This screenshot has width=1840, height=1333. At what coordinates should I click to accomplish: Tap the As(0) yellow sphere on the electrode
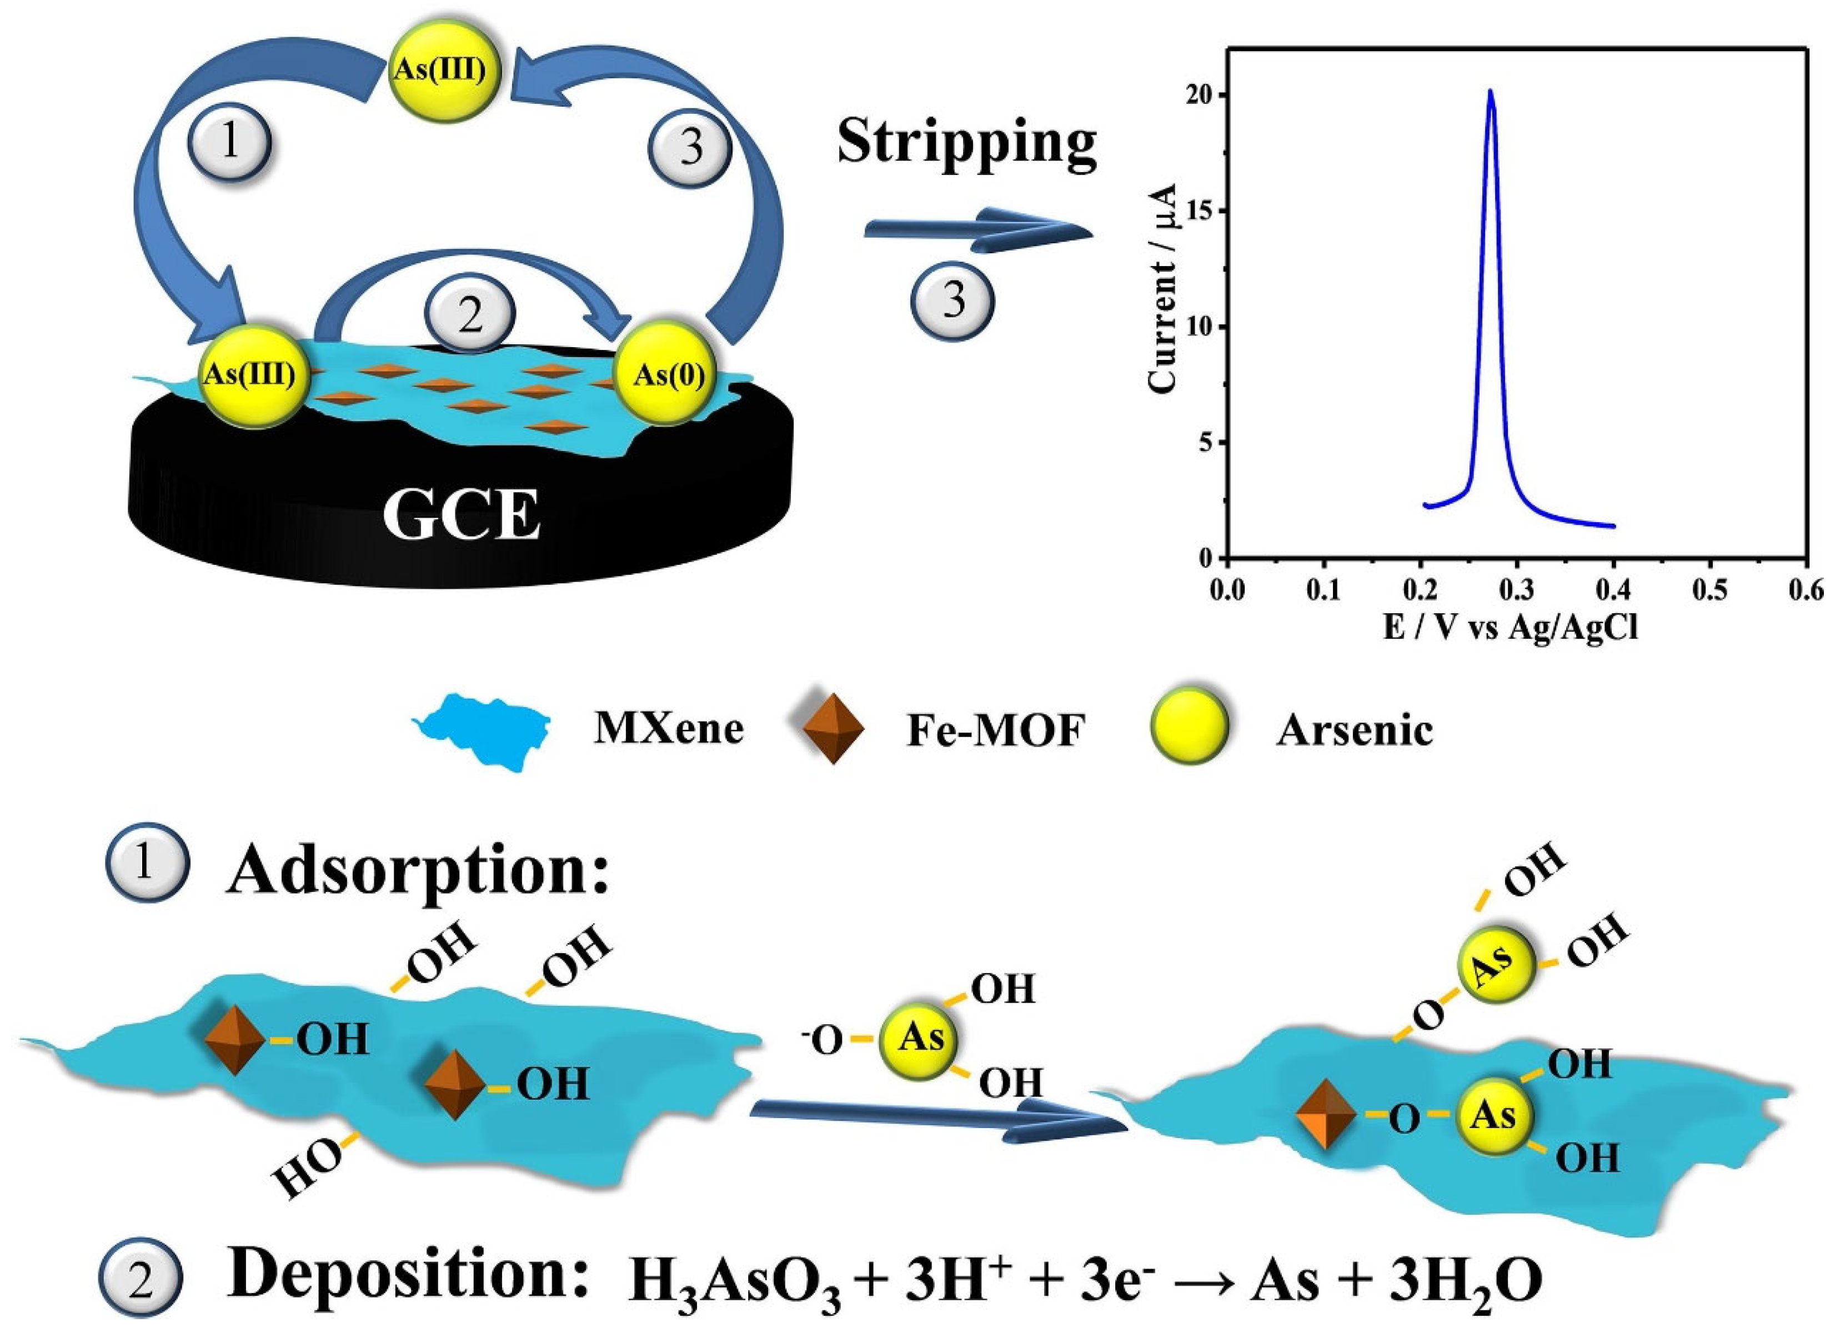click(x=667, y=375)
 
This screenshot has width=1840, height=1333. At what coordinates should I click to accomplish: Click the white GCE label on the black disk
click(x=461, y=516)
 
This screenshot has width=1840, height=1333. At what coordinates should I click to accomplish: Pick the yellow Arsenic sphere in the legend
click(x=1189, y=726)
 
